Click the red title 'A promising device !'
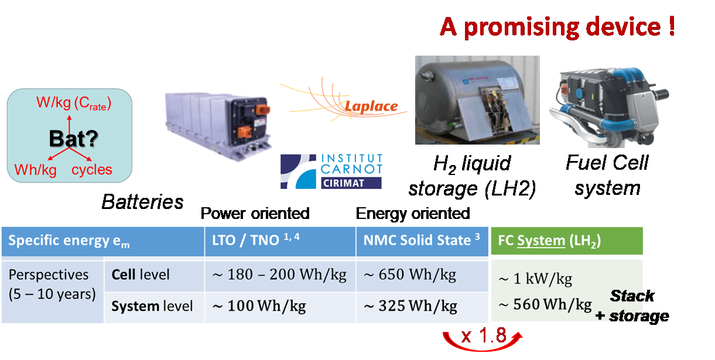(x=557, y=28)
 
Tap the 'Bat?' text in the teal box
(x=73, y=139)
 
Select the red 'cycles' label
(x=91, y=170)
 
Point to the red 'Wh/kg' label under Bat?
(x=36, y=170)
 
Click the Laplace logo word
(x=371, y=107)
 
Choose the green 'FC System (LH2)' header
(x=549, y=241)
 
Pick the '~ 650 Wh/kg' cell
(x=410, y=275)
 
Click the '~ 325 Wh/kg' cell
(x=410, y=306)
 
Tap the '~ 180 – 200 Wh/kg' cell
(x=279, y=275)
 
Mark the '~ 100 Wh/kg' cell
(x=259, y=306)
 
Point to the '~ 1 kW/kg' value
(x=535, y=279)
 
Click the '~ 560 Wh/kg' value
(x=545, y=304)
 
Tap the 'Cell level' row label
(x=141, y=275)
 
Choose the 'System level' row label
(x=152, y=306)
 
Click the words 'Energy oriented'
(x=413, y=213)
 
